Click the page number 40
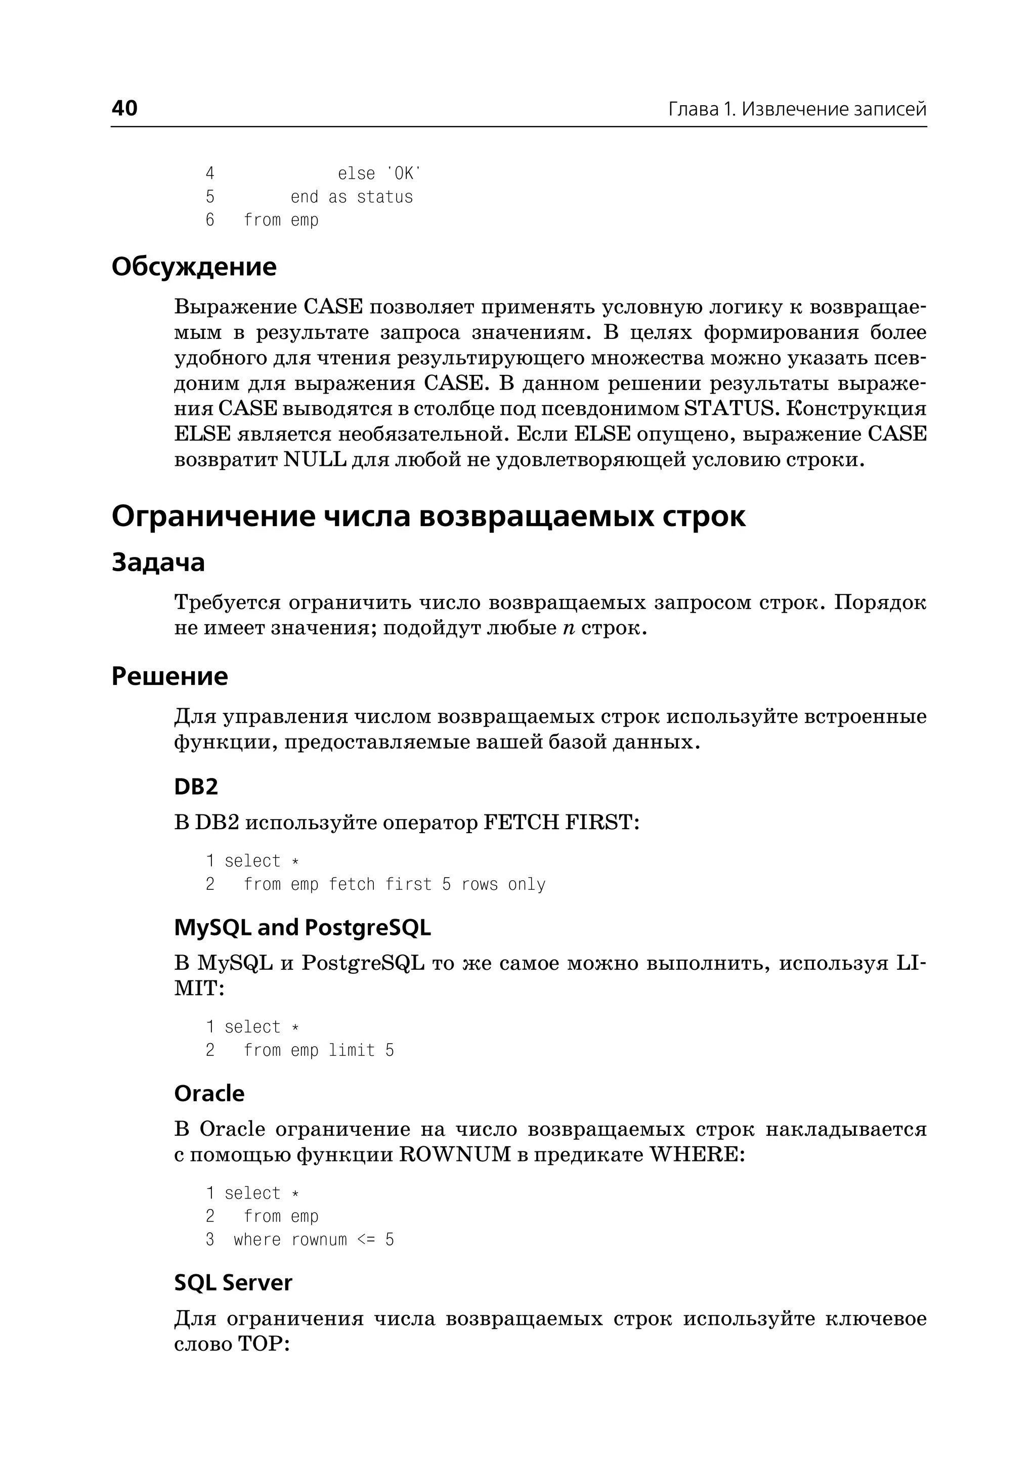[124, 108]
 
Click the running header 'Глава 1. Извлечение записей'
[797, 109]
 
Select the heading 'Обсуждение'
[194, 266]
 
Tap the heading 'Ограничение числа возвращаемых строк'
[428, 515]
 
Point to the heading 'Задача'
[158, 562]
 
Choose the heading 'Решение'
[169, 676]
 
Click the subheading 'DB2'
[196, 787]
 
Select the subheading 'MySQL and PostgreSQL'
[303, 927]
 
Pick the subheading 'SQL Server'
[233, 1282]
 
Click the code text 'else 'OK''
[379, 174]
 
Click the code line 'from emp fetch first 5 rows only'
[394, 884]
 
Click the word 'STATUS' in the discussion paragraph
[728, 408]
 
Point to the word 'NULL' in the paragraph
[315, 459]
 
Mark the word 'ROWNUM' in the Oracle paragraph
[455, 1154]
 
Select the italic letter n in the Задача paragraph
[569, 628]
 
